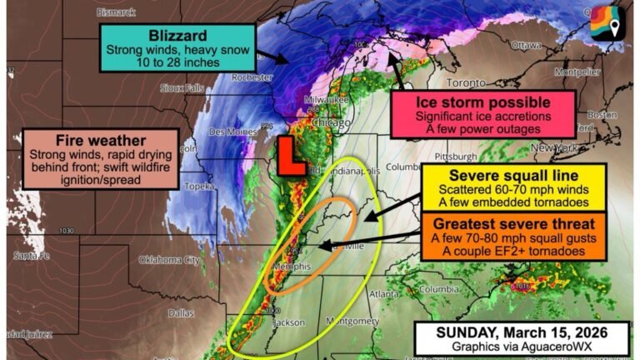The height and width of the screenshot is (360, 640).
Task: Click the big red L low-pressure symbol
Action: pyautogui.click(x=291, y=156)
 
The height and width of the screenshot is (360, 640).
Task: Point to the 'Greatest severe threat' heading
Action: pyautogui.click(x=507, y=224)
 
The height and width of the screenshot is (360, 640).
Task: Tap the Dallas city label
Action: pyautogui.click(x=180, y=313)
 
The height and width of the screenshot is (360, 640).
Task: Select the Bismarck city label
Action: pyautogui.click(x=116, y=12)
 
